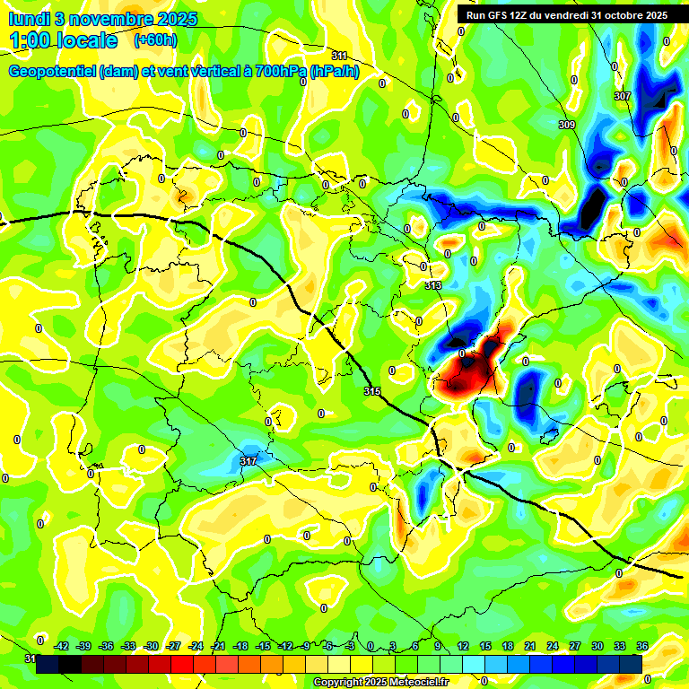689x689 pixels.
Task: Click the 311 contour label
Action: point(338,56)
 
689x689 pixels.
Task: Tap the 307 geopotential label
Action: point(622,95)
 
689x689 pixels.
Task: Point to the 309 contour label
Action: point(566,125)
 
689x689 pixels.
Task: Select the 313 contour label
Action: point(433,285)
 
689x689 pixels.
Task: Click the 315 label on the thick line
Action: point(372,391)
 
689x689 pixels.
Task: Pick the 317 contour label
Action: point(249,461)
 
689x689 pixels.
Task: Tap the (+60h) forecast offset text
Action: point(156,40)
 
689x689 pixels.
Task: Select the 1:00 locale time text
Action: point(63,40)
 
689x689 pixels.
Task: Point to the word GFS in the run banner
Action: point(503,15)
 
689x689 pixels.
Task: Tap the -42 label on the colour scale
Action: point(62,646)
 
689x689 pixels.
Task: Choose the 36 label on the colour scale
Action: point(642,646)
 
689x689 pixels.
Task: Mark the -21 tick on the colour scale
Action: point(218,646)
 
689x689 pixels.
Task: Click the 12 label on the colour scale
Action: point(463,646)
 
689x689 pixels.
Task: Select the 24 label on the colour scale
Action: point(553,646)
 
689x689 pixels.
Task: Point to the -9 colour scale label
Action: point(306,646)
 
